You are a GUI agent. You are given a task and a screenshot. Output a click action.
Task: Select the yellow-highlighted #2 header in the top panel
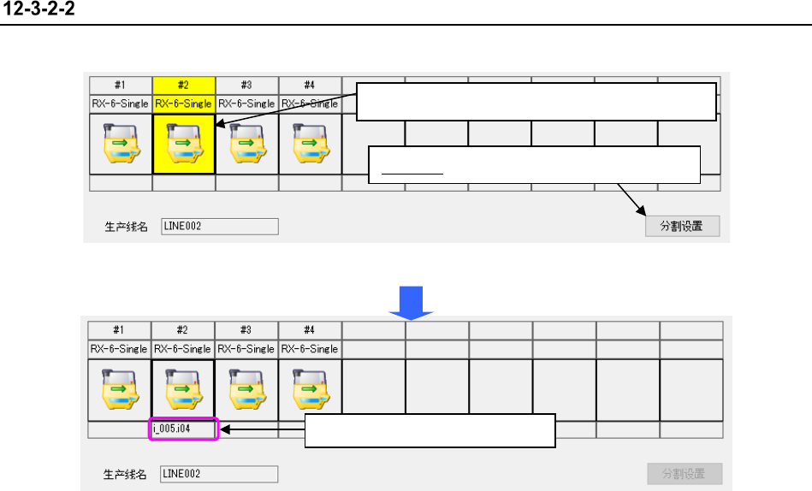tap(183, 85)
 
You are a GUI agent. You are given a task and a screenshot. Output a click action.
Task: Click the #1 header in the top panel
tap(121, 85)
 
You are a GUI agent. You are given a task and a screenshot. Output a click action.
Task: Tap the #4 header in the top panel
tap(309, 85)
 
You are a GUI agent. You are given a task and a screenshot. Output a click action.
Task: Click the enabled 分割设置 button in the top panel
tap(682, 226)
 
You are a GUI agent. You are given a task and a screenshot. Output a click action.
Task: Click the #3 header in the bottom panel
tap(246, 330)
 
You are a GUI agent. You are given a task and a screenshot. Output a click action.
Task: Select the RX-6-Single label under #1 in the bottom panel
tap(120, 349)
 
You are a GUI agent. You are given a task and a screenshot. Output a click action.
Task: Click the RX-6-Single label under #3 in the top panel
tap(246, 104)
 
